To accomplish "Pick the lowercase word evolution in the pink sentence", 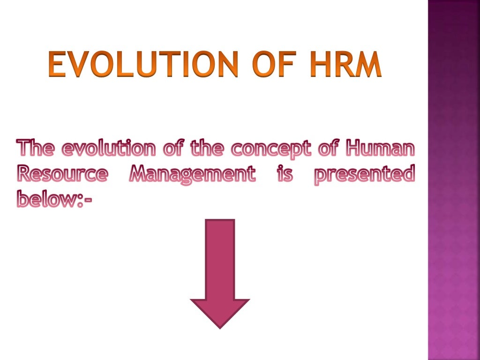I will click(x=109, y=150).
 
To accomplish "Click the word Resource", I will click(x=62, y=175).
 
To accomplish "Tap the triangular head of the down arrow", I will click(x=220, y=311).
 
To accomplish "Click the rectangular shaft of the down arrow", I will click(x=220, y=258).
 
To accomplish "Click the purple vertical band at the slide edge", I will click(x=454, y=187).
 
